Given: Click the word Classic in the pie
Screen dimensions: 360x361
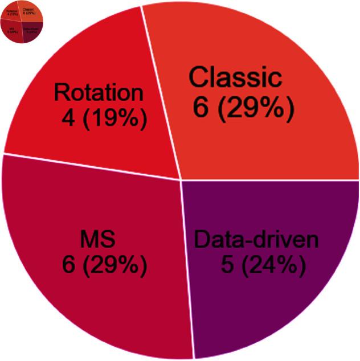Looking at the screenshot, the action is [x=235, y=78].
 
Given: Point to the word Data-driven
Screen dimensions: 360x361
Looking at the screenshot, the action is [x=256, y=240].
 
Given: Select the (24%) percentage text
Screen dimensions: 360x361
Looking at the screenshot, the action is [x=269, y=265].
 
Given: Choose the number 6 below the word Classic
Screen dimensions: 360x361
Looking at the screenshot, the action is [x=200, y=106].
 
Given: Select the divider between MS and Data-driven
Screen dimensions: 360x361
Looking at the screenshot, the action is [x=187, y=268].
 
